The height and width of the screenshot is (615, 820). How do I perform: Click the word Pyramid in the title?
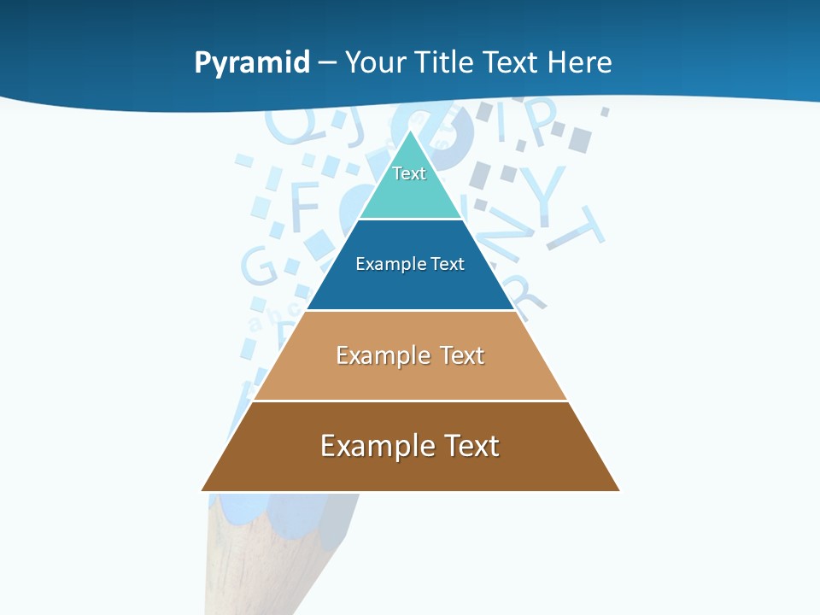pos(252,63)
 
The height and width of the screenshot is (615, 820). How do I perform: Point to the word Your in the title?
pos(376,62)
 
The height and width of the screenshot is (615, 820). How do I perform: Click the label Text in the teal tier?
pos(409,173)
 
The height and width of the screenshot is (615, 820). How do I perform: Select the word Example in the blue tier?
pos(386,264)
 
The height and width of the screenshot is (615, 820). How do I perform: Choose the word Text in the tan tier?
pos(462,355)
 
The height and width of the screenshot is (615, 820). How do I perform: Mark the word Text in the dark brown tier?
pos(471,446)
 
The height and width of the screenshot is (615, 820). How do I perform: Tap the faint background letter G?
pos(259,266)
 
